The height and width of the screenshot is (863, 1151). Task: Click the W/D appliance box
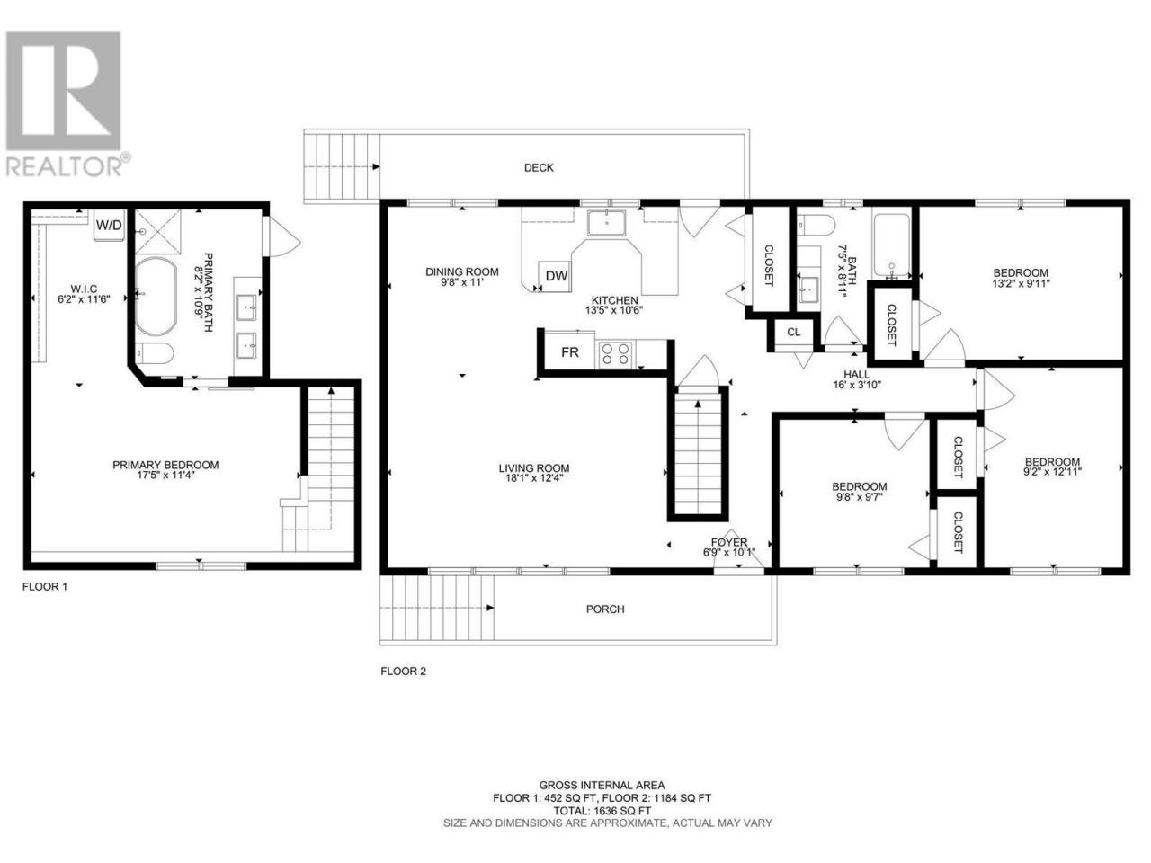pos(110,225)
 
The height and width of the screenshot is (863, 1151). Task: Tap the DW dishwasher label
pos(557,276)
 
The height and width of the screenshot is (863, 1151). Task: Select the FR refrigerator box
pos(570,352)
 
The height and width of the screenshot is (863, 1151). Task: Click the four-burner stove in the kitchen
pos(615,353)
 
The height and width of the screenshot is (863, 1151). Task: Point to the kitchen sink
pos(606,223)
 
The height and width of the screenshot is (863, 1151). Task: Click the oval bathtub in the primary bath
pos(156,296)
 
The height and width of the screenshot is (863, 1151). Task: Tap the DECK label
pos(539,168)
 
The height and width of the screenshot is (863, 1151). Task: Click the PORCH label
pos(605,609)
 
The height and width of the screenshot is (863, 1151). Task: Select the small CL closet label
pos(793,333)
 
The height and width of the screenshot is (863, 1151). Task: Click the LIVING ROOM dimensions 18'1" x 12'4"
pos(534,478)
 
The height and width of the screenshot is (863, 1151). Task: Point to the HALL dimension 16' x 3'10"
pos(857,385)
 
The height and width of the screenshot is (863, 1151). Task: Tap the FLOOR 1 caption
pos(45,587)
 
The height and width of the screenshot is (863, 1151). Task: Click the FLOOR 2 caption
pos(403,672)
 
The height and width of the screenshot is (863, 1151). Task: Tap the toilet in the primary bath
pos(154,353)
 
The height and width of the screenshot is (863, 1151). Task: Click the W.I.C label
pos(84,289)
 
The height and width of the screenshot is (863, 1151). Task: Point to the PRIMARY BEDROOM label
pos(165,465)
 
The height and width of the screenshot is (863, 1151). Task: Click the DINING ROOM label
pos(462,272)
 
